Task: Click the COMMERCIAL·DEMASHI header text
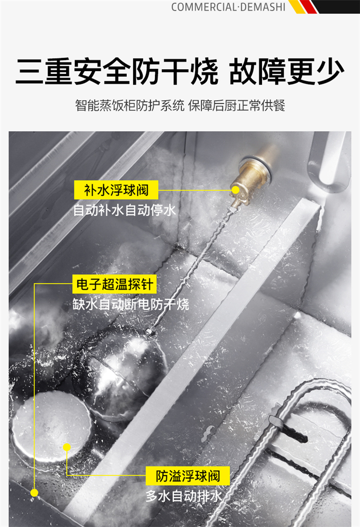[228, 7]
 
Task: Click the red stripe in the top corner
[309, 7]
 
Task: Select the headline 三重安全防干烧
[117, 72]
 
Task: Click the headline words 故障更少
[287, 72]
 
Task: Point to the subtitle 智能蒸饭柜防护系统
[130, 106]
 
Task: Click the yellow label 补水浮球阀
[116, 190]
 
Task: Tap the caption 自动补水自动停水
[124, 210]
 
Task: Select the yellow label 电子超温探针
[115, 284]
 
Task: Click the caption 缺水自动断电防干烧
[131, 305]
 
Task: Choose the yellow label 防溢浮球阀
[188, 476]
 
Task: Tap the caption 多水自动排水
[184, 496]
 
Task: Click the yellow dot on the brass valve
[235, 190]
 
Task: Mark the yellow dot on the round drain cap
[67, 447]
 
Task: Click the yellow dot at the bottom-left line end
[34, 493]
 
